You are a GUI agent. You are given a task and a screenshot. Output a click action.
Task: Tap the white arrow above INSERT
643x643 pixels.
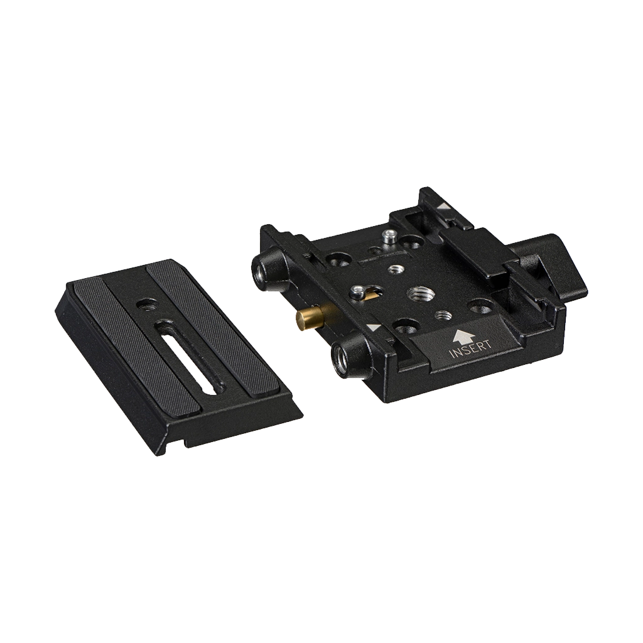click(463, 334)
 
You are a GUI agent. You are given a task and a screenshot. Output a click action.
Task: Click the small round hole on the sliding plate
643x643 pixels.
click(144, 304)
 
